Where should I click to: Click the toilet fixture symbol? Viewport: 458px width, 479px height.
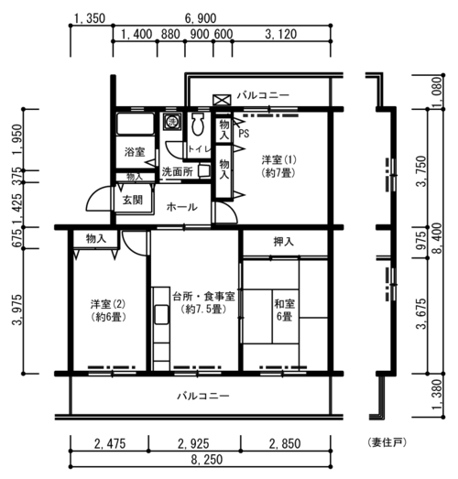click(x=198, y=124)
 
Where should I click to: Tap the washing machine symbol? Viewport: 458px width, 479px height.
click(x=171, y=121)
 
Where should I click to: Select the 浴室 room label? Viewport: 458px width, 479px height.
click(x=135, y=152)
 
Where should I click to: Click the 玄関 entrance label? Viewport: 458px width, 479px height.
click(x=133, y=200)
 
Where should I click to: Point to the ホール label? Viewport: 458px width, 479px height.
click(x=181, y=207)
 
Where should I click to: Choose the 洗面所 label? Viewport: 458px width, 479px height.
click(x=177, y=171)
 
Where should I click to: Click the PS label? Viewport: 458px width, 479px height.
click(x=244, y=133)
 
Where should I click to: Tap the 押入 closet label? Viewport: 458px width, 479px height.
click(x=284, y=242)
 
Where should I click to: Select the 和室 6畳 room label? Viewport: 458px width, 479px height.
click(x=285, y=310)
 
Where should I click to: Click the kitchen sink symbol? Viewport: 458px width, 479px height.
click(x=161, y=314)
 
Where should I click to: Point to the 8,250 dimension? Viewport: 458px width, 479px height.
click(x=207, y=459)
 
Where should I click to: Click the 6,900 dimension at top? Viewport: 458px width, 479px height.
click(x=201, y=18)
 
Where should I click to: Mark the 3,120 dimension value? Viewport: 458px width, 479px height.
click(x=281, y=34)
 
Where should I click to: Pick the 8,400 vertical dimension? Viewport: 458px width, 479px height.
click(x=437, y=238)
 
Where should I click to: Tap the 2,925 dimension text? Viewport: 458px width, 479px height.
click(x=193, y=443)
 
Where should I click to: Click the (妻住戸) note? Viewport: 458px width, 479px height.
click(x=387, y=442)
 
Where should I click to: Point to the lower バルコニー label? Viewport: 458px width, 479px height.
click(x=203, y=397)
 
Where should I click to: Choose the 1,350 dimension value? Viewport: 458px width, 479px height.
click(x=90, y=18)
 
